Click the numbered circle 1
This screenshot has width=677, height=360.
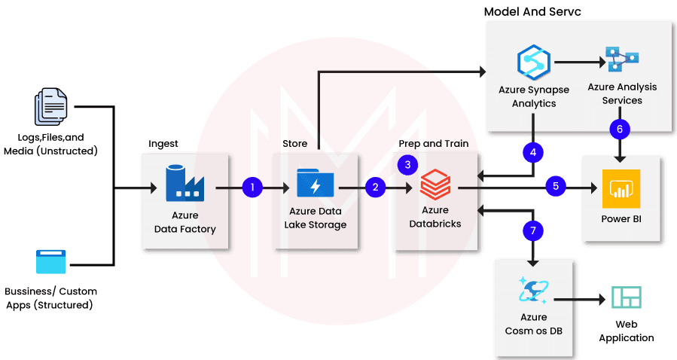point(253,187)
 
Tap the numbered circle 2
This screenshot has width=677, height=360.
point(374,187)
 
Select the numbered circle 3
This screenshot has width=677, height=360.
point(408,163)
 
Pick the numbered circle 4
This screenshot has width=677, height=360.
point(533,152)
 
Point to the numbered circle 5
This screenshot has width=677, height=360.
point(555,185)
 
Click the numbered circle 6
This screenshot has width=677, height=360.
point(619,130)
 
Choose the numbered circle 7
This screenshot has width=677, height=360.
point(533,230)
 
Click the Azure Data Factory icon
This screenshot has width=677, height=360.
point(184,184)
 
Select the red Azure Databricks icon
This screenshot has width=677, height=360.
point(435,184)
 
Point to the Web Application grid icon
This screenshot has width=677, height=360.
point(626,298)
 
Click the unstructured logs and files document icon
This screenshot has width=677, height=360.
point(51,107)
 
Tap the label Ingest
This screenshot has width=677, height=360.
point(163,143)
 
